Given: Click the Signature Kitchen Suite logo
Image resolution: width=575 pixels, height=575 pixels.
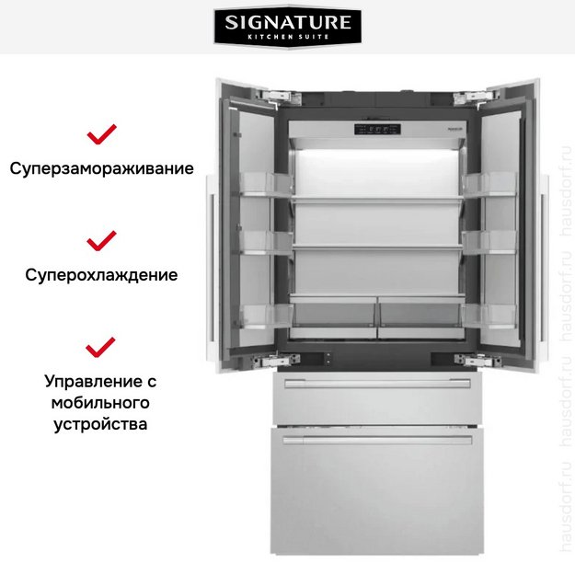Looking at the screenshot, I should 287,28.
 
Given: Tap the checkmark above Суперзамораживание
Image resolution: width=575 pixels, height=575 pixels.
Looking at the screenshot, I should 101,135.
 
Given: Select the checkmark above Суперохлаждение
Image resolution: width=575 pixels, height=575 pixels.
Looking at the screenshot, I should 101,241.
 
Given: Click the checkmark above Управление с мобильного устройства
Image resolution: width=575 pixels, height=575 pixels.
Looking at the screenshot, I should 101,347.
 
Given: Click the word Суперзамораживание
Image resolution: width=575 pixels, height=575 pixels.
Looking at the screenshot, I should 101,169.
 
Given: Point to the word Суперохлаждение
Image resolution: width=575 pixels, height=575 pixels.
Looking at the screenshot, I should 101,275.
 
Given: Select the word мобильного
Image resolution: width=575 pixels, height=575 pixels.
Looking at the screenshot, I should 101,403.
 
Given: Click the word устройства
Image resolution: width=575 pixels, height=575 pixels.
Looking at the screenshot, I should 101,425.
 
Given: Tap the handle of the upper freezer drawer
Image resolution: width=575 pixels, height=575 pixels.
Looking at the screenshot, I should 377,384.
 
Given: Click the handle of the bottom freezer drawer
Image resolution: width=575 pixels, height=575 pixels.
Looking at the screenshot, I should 377,440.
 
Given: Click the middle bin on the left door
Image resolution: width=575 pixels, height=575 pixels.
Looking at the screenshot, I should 267,243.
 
